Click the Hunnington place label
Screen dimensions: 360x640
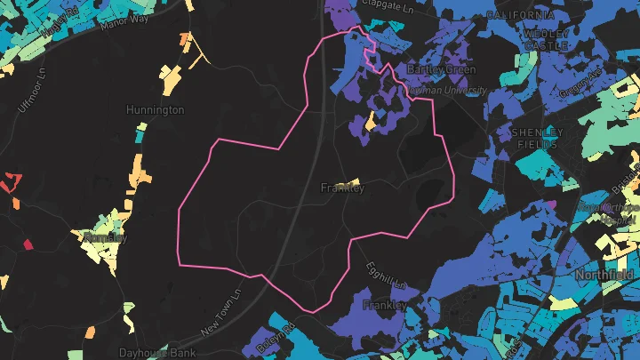pos(155,110)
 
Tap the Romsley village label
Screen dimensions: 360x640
pos(105,238)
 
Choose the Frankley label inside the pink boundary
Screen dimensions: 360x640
pos(342,188)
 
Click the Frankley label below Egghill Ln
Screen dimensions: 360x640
pos(385,305)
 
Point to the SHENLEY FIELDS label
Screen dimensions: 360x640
pos(537,138)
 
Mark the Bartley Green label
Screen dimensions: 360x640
pos(441,69)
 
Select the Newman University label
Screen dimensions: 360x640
pos(447,91)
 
